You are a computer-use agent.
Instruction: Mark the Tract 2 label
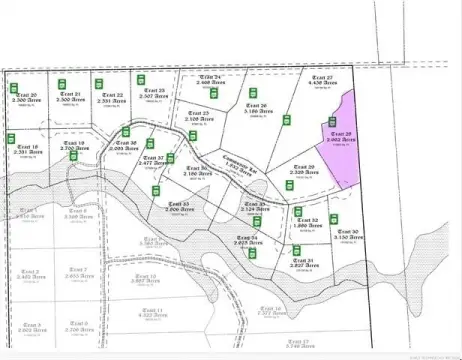click(30, 274)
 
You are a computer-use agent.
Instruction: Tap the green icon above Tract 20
click(59, 81)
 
